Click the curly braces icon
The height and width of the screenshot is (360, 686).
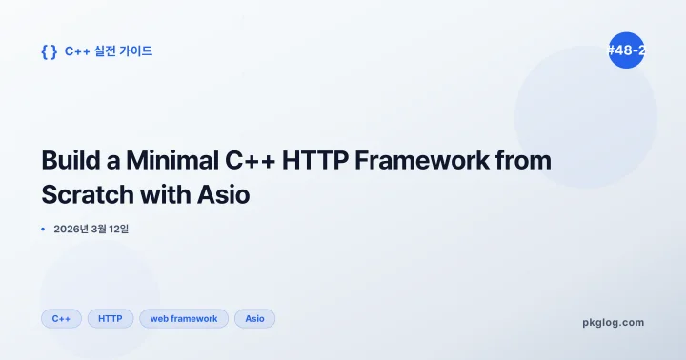49,51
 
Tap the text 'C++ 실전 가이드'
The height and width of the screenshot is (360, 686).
109,51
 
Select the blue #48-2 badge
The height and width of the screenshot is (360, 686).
626,50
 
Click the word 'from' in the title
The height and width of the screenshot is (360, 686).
527,161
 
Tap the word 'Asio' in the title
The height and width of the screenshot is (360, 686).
224,194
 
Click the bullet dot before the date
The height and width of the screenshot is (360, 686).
44,230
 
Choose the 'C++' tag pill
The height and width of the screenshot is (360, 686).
61,318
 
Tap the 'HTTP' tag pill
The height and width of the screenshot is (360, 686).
111,318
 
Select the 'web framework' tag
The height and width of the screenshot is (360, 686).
184,318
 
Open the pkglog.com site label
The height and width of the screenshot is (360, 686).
613,322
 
